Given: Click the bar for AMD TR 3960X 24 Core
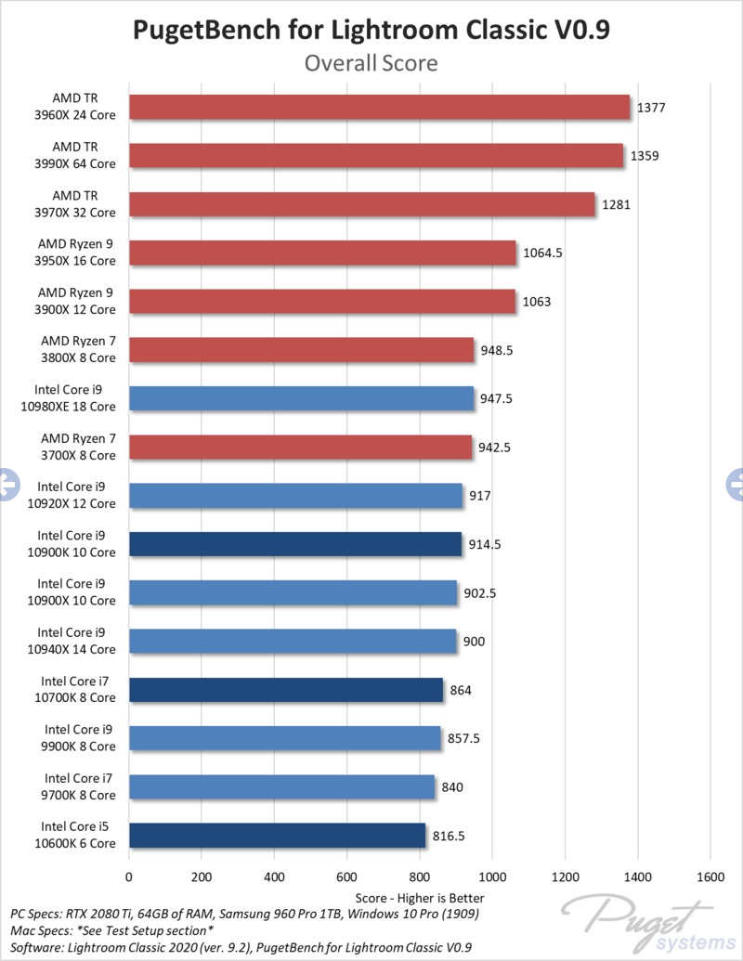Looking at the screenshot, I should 379,108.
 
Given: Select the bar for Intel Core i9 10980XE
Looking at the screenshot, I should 301,398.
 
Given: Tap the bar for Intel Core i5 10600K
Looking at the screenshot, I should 277,836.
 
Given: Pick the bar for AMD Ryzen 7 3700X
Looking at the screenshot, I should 300,447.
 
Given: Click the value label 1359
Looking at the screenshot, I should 645,156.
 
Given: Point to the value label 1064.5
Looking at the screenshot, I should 543,253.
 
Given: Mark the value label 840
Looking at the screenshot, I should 452,787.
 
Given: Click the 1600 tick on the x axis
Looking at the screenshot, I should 710,876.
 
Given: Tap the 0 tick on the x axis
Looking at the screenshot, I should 129,876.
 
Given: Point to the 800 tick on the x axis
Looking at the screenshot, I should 420,876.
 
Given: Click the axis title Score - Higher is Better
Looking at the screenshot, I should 419,898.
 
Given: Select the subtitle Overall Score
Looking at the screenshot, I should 371,64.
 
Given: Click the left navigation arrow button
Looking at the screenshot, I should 7,481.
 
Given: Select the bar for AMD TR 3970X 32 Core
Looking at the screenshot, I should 361,204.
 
